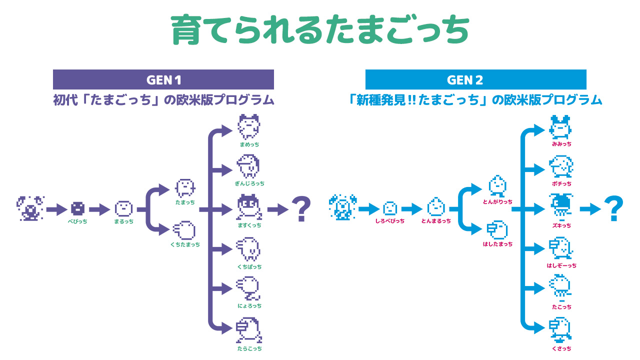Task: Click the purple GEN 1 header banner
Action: [163, 79]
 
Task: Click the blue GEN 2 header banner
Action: [475, 79]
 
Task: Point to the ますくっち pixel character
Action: [248, 207]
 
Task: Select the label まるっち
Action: [123, 221]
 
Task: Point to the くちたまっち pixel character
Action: [184, 230]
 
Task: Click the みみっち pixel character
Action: [561, 128]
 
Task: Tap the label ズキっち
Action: [561, 226]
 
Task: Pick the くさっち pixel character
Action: [560, 330]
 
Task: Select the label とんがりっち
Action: [497, 202]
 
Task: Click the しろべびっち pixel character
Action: [389, 208]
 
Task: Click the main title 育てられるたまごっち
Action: [320, 31]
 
